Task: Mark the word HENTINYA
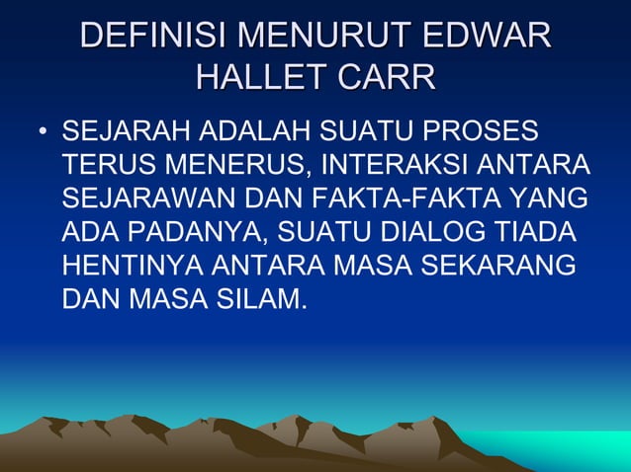pos(133,266)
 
